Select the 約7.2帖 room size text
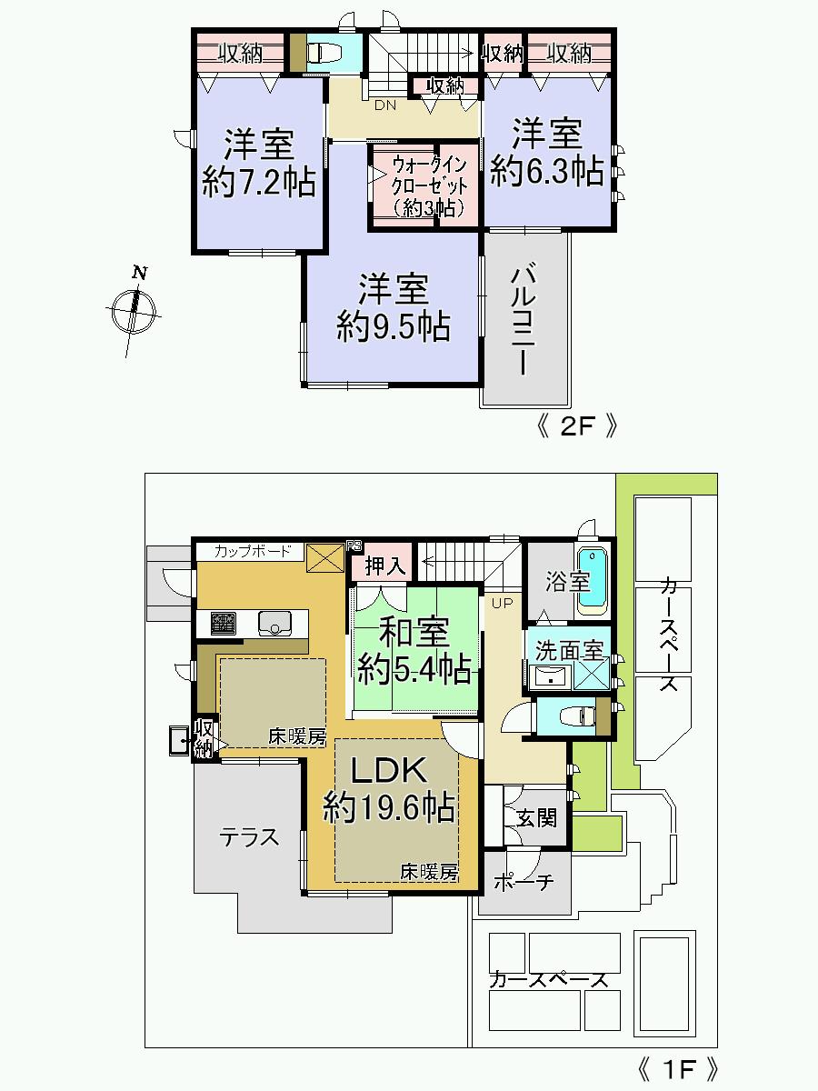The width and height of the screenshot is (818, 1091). (259, 184)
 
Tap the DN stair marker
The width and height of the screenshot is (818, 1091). (385, 105)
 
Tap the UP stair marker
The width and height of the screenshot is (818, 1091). (502, 603)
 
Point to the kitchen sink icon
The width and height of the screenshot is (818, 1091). (274, 623)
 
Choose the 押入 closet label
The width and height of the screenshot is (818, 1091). (382, 566)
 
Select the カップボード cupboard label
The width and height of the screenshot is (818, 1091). (254, 551)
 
